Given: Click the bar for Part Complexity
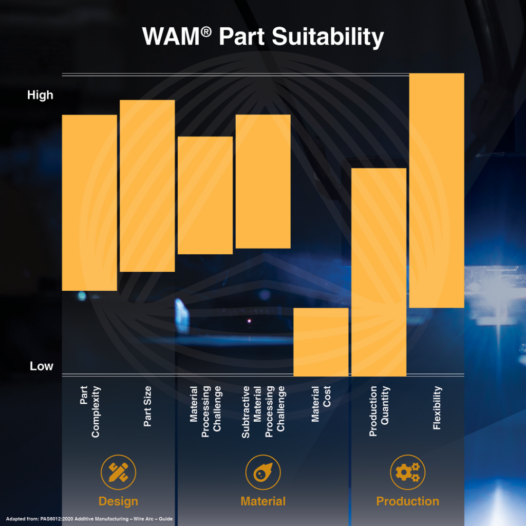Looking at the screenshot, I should (x=89, y=202).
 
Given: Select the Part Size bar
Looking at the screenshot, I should (x=147, y=185).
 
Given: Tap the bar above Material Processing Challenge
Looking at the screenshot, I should (x=205, y=195).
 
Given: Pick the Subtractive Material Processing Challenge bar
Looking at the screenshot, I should (x=263, y=181).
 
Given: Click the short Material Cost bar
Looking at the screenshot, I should (x=321, y=342).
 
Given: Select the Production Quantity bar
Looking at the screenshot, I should (x=379, y=272).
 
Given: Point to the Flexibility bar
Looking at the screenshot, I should (x=437, y=190).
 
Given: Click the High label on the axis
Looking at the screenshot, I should (x=40, y=95).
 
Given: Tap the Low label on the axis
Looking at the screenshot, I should (x=41, y=366).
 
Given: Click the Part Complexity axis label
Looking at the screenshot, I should (x=90, y=411).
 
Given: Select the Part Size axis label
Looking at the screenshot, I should (x=147, y=406).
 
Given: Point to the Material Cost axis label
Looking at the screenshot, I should (x=321, y=404).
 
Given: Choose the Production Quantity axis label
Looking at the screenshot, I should (x=379, y=411).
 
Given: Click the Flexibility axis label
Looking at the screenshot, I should (x=437, y=408).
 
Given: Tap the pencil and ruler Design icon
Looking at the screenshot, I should (x=118, y=472).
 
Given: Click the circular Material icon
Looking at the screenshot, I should (x=263, y=472).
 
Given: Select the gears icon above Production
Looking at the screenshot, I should (x=407, y=472).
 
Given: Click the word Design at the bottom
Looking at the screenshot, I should (x=118, y=501).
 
